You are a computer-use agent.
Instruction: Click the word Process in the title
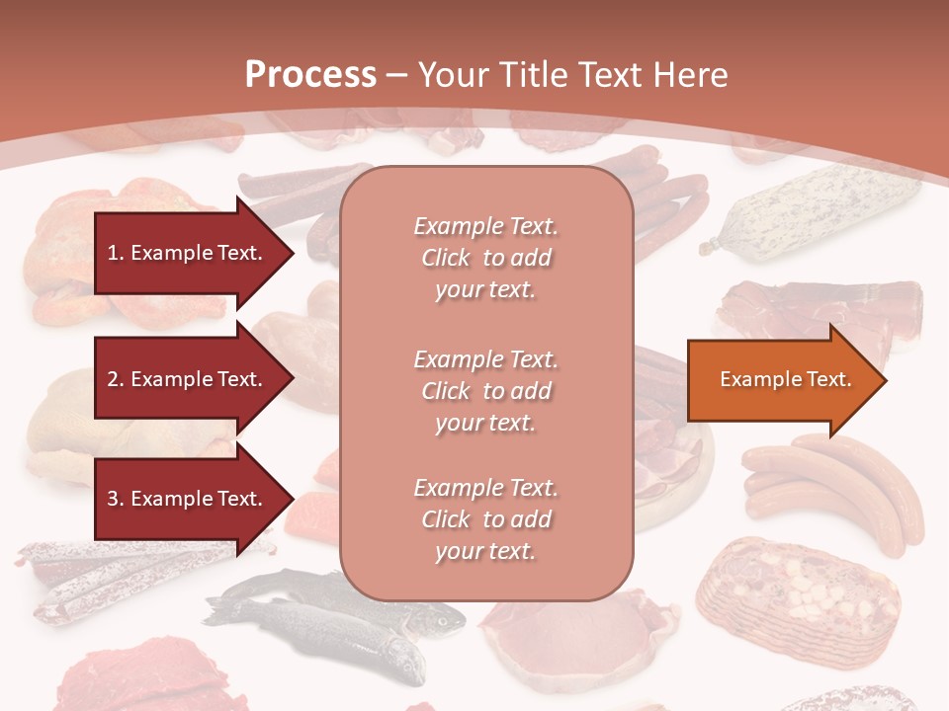[310, 75]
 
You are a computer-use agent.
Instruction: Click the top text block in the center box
[485, 258]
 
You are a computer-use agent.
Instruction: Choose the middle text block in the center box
[485, 391]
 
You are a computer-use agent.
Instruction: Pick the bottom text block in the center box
[485, 519]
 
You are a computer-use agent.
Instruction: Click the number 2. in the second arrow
[116, 379]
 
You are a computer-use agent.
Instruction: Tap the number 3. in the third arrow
[116, 499]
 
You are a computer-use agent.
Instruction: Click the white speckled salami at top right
[811, 212]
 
